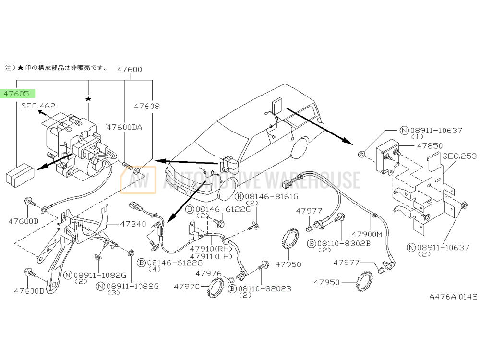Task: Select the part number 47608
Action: coord(146,106)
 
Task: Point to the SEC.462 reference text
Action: coord(38,106)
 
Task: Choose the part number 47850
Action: coord(416,145)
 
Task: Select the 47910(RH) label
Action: coord(211,249)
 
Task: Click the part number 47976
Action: coord(208,273)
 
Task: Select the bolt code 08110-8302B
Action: coord(342,243)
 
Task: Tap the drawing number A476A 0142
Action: coord(453,297)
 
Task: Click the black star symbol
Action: coord(88,99)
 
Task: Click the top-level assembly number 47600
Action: coord(130,69)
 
